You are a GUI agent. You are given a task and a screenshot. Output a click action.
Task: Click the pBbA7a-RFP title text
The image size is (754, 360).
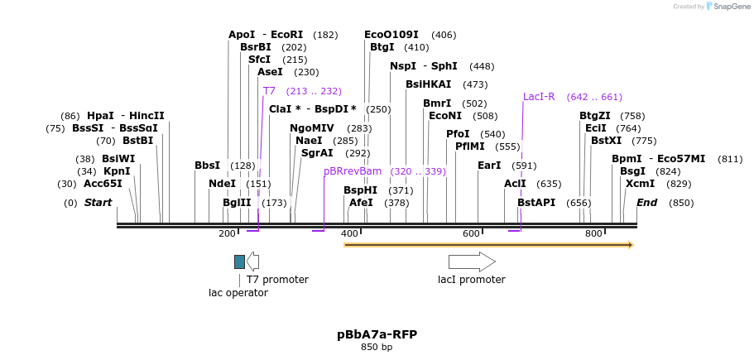tap(377, 334)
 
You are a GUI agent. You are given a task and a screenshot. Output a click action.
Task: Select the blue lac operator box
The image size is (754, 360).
tap(239, 262)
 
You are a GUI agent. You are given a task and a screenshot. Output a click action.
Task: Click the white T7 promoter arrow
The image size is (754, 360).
tap(253, 262)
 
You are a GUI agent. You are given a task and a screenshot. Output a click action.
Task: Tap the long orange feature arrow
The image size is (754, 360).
tap(488, 245)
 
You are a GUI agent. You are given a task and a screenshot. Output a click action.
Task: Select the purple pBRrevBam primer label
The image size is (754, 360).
tap(353, 171)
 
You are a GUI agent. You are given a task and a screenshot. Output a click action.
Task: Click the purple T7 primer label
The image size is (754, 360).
tap(269, 91)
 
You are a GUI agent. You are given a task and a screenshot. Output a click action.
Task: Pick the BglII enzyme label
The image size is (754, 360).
tap(237, 203)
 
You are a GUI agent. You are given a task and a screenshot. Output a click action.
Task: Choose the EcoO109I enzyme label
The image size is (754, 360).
tap(391, 35)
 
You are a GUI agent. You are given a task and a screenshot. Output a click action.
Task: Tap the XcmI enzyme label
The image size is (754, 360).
tap(640, 184)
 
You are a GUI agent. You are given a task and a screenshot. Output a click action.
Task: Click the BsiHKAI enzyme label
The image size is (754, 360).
tap(428, 84)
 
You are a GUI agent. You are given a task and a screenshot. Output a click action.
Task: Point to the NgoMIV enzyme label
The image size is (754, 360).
tap(312, 128)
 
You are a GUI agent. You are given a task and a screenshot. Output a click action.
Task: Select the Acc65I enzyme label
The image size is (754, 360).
tap(103, 184)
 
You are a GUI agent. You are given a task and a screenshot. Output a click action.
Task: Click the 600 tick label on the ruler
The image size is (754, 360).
tap(471, 234)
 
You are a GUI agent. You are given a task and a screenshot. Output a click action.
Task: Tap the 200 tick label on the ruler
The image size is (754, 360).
tap(227, 234)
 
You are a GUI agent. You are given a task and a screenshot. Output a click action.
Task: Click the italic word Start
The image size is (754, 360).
tap(98, 203)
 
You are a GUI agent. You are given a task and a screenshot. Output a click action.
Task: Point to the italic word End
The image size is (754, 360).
tap(646, 203)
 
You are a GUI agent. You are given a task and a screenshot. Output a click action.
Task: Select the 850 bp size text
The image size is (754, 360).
tap(377, 348)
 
